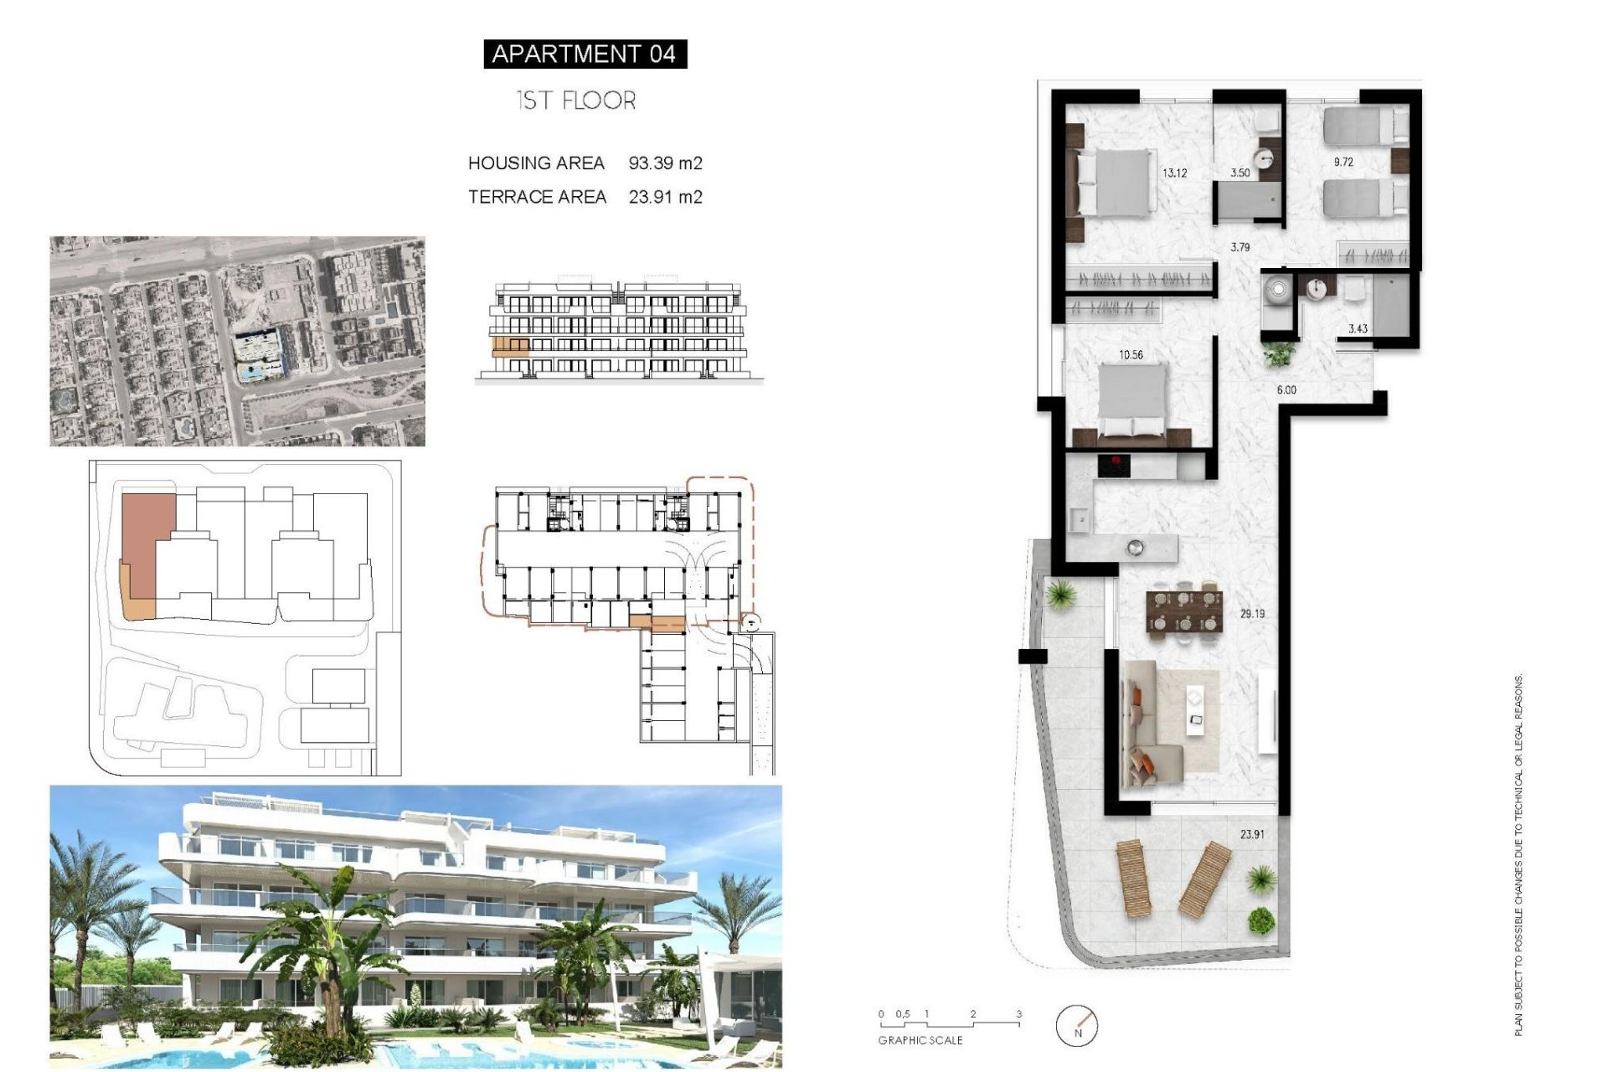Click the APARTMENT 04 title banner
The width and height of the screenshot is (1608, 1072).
pos(585,54)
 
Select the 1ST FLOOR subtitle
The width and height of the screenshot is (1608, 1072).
pos(576,100)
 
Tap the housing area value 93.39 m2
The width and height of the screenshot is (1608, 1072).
pos(665,163)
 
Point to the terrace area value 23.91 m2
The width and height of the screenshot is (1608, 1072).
pos(665,197)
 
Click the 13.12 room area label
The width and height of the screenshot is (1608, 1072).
pos(1174,173)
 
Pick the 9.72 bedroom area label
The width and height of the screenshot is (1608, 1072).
pos(1343,162)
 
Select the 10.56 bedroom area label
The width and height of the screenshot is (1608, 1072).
pos(1131,355)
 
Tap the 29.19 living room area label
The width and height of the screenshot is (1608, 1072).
pos(1252,614)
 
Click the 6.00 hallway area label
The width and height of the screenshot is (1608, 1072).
pos(1286,390)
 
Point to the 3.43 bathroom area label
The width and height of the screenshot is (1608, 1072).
pos(1358,329)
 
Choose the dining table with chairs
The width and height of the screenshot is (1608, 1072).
pos(1184,612)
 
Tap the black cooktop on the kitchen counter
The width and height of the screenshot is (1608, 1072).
pos(1114,466)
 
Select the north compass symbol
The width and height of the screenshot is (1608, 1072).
pos(1076,1025)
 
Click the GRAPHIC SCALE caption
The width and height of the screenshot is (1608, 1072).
pos(920,1040)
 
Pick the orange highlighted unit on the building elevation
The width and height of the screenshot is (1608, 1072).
pos(510,348)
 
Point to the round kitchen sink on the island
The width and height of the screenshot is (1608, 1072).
pos(1136,549)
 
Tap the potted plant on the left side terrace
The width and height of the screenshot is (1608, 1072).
pos(1061,595)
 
